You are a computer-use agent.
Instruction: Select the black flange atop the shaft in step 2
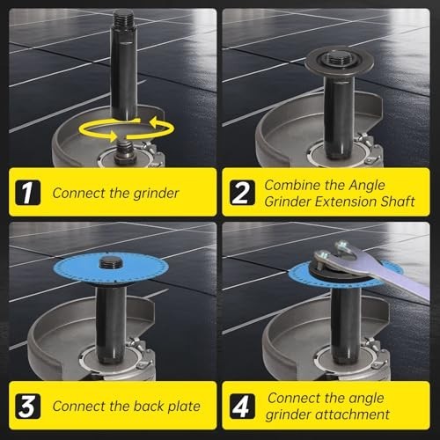(x=331, y=62)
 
